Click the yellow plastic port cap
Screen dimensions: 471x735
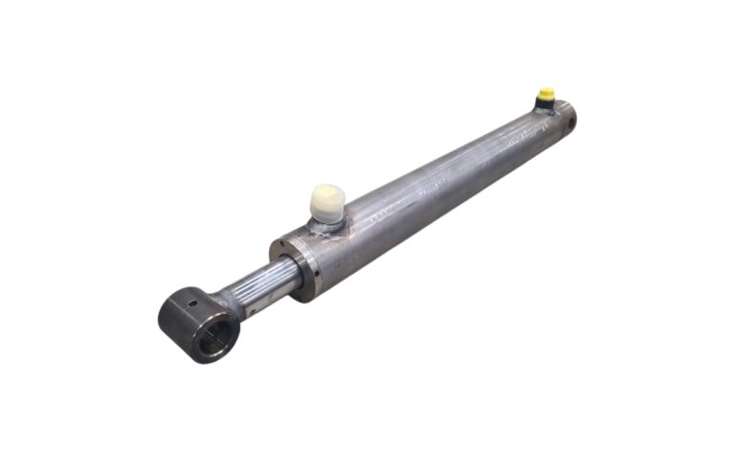pos(546,94)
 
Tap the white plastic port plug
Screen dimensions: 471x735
pos(328,202)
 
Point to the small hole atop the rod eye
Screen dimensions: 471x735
pos(190,304)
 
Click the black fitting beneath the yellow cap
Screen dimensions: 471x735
pos(546,104)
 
